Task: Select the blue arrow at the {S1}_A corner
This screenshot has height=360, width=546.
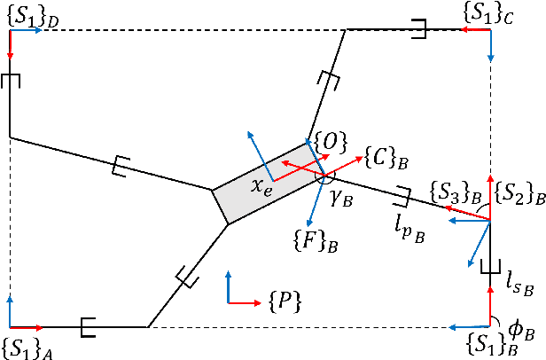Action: click(9, 310)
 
